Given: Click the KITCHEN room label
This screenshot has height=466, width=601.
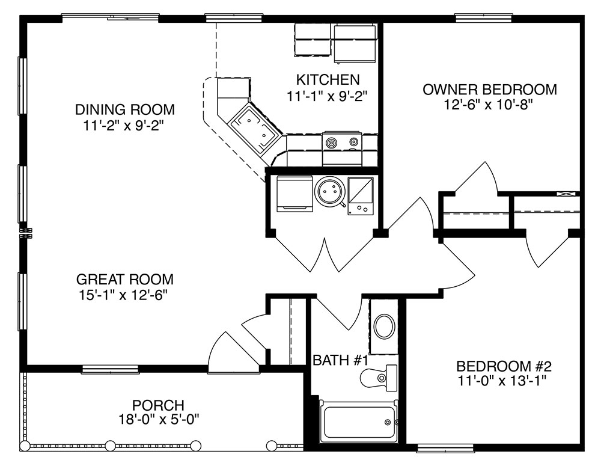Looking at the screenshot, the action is (x=328, y=80).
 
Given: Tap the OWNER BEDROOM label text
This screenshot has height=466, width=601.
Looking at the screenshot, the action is (x=489, y=90).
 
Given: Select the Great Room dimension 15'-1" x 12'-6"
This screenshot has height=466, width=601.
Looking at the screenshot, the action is (x=124, y=295).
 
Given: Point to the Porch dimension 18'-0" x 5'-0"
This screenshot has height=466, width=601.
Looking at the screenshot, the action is (x=158, y=419).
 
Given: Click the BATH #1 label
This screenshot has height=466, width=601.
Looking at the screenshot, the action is (x=340, y=361).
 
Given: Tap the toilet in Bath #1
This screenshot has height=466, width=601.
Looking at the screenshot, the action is (x=378, y=378).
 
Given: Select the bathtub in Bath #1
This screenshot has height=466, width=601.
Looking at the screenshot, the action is (x=359, y=422).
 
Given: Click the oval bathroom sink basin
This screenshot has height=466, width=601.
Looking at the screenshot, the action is (x=385, y=327).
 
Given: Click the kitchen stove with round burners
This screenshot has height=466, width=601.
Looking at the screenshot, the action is (x=342, y=143).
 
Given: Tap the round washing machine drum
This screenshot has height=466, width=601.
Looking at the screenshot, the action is (x=329, y=191).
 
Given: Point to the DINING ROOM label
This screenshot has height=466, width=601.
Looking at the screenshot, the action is (x=124, y=109).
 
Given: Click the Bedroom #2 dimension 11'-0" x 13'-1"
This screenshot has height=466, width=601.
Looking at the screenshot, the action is (x=503, y=381).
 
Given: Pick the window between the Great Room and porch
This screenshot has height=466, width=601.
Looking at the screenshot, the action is (x=110, y=369).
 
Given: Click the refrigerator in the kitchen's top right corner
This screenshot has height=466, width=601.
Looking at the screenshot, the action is (x=355, y=43).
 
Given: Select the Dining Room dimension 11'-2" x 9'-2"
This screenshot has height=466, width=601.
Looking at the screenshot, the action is (x=124, y=126).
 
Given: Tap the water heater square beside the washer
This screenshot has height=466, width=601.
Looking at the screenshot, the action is (x=360, y=195).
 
